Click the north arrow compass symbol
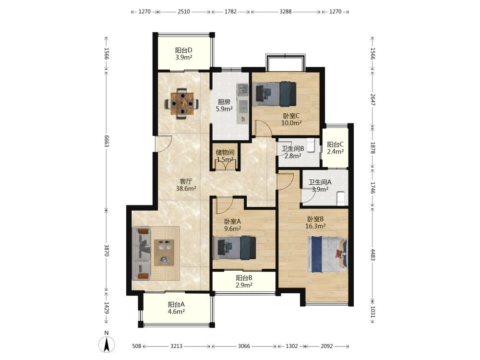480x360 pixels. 107,345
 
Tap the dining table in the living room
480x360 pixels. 182,104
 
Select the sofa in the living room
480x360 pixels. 142,253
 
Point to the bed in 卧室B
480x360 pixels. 327,254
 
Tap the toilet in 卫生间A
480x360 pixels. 340,198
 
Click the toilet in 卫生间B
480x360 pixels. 311,145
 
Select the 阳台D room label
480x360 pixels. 184,50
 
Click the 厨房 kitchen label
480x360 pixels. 224,102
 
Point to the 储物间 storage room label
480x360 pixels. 225,152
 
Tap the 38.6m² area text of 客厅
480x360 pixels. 186,189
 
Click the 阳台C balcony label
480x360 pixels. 335,144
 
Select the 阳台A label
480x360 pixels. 176,305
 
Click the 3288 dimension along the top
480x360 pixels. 286,12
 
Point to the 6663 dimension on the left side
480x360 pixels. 107,141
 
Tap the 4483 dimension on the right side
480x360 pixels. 373,255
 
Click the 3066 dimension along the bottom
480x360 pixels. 244,346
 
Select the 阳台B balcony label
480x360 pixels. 244,278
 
